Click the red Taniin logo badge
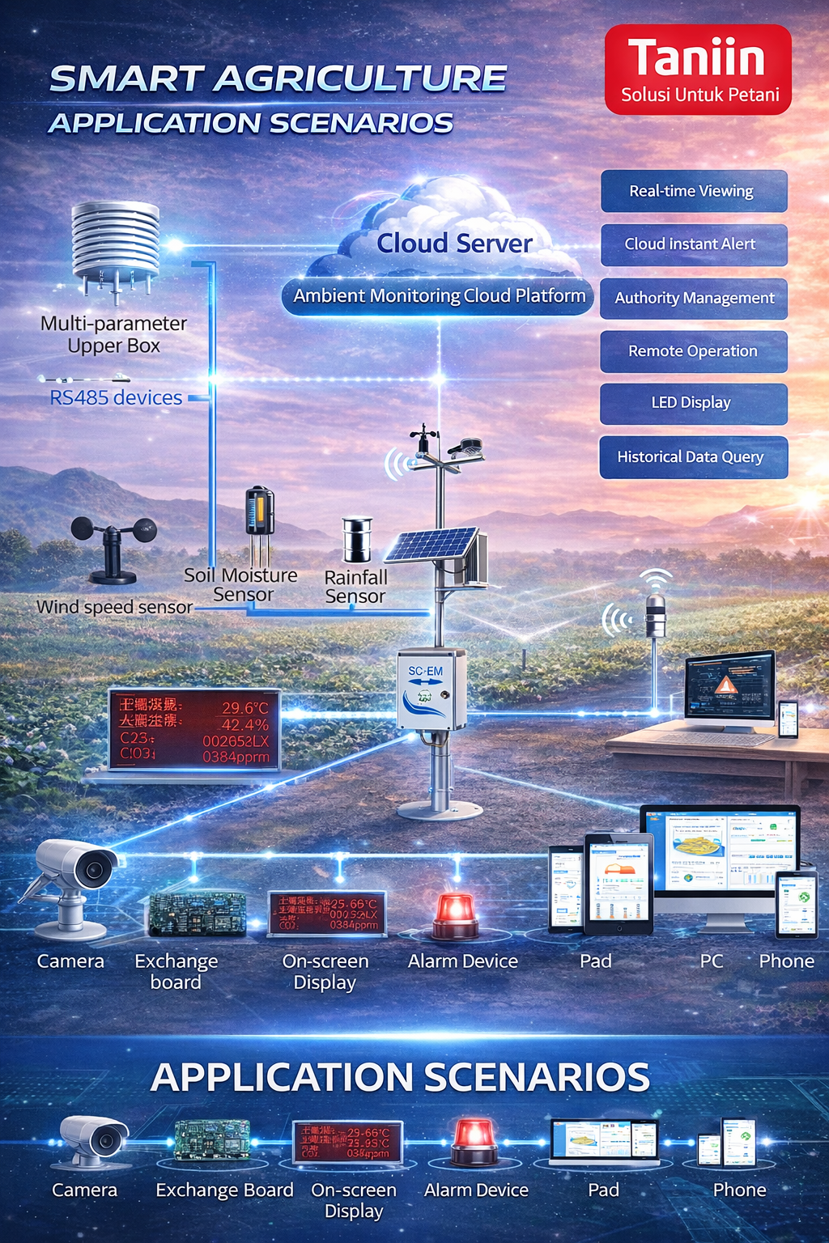pos(697,69)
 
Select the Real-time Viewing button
pos(693,191)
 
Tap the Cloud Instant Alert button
pos(693,244)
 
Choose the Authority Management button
pos(693,298)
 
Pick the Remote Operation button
pos(693,351)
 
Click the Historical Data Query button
pos(693,457)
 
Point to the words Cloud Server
pos(454,243)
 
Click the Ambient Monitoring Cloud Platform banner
pos(439,296)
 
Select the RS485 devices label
pos(116,397)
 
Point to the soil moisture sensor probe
pos(259,518)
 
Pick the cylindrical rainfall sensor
pos(356,540)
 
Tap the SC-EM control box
pos(431,690)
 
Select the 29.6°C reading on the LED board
pos(244,708)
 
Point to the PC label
pos(712,961)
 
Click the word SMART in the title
pos(125,79)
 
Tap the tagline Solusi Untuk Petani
pos(699,95)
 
